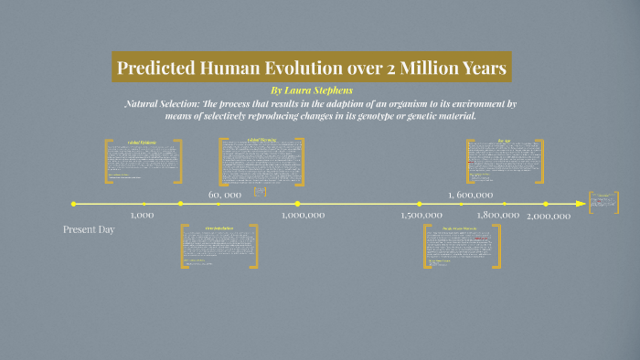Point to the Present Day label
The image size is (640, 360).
tap(89, 229)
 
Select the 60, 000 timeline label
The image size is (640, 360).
tap(225, 195)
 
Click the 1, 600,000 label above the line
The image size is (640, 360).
tap(470, 195)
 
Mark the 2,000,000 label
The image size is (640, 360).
tap(549, 216)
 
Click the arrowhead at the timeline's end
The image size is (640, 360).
tap(581, 203)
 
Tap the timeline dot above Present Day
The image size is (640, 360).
tap(74, 204)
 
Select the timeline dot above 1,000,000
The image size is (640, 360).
tap(297, 204)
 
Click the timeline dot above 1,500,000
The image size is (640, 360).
tap(420, 204)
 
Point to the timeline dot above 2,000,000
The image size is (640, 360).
tap(546, 204)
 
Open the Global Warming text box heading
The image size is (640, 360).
tap(261, 140)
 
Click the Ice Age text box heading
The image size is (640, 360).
tap(504, 140)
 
